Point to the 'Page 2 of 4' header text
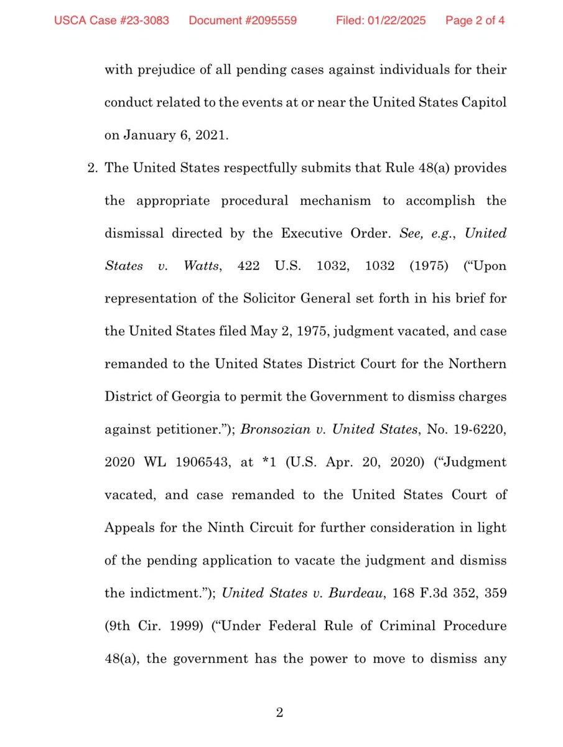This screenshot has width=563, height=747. [475, 21]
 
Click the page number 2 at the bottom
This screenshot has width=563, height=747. [280, 712]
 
